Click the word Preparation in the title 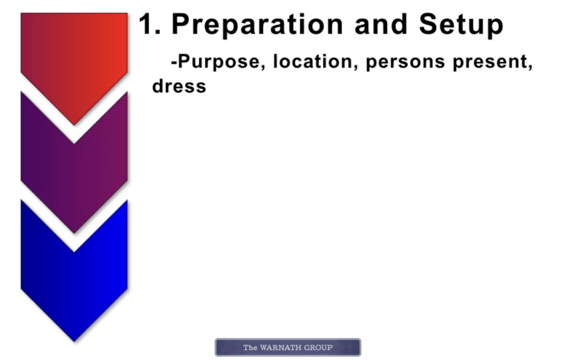tap(257, 25)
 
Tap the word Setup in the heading tap(461, 25)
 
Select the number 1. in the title tap(149, 24)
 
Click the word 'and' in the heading tap(381, 24)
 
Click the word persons tap(405, 62)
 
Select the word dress tap(179, 86)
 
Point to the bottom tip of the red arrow tap(74, 125)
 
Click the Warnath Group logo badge tap(288, 347)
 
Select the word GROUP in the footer tap(318, 348)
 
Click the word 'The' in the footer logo tap(250, 348)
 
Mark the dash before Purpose tap(174, 62)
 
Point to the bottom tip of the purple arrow tap(74, 233)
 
